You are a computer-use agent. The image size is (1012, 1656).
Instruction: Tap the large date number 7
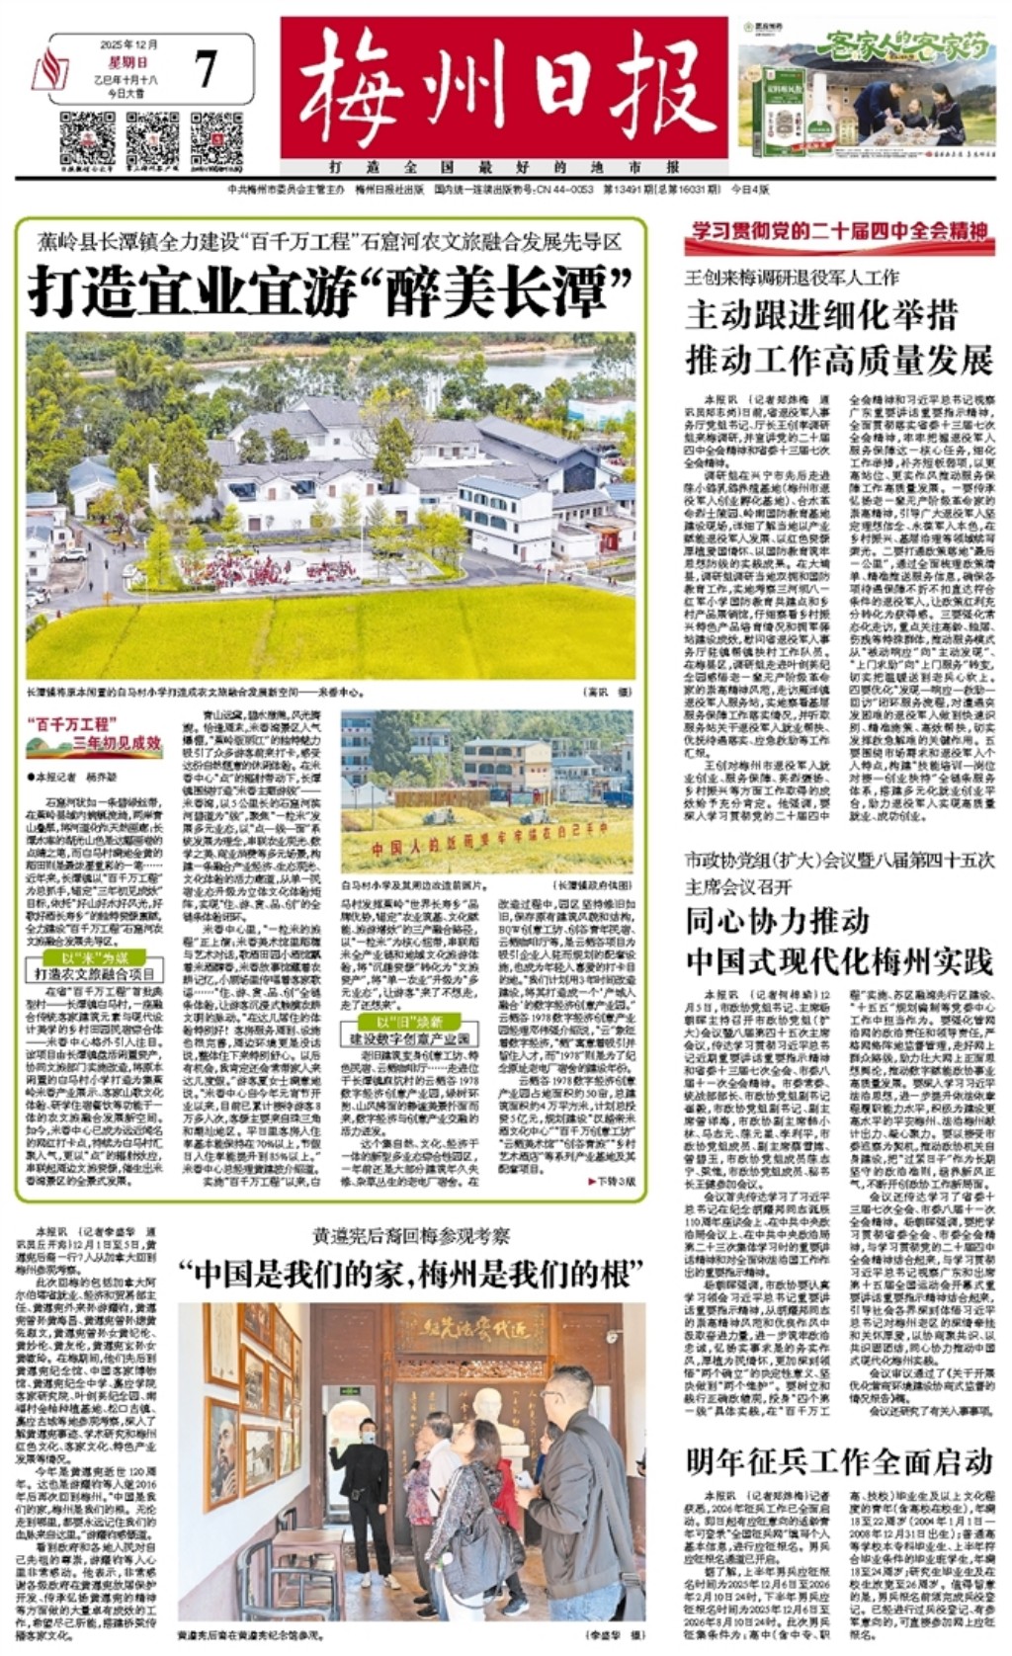pos(206,70)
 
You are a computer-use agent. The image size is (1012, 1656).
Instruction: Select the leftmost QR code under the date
pos(87,139)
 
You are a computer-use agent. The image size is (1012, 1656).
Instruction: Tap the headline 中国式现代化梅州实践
pos(838,960)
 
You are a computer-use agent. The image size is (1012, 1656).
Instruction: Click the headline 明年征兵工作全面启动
pos(838,1460)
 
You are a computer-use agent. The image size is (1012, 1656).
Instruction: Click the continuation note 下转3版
pos(614,1181)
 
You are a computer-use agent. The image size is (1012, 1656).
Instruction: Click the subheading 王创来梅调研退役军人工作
pos(792,278)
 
